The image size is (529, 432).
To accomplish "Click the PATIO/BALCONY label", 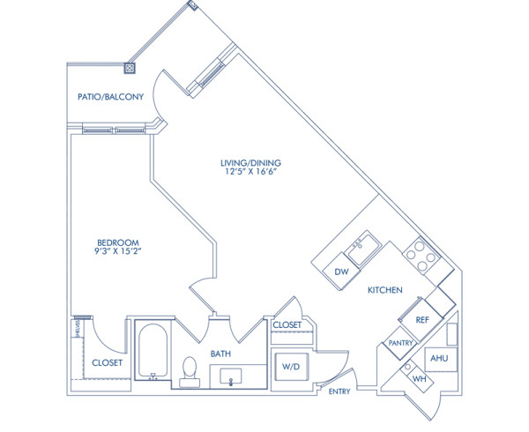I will coord(110,98).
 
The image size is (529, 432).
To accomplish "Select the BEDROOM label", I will coord(117,242).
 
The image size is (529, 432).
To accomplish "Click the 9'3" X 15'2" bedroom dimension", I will coord(117,254).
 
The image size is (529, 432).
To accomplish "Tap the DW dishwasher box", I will coord(341,272).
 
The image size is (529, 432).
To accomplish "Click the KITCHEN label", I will coord(385,290).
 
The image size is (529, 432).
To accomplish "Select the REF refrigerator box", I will coord(422,320).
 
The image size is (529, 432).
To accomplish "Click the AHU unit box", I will coord(438,359).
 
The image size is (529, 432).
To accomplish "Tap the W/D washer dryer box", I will coord(290,366).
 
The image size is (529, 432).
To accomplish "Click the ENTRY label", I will coord(339,391).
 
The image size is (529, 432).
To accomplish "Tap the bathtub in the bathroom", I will coord(153,351).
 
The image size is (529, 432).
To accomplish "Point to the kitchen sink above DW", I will coord(361,250).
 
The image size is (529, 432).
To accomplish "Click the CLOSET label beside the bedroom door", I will coord(107,362).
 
